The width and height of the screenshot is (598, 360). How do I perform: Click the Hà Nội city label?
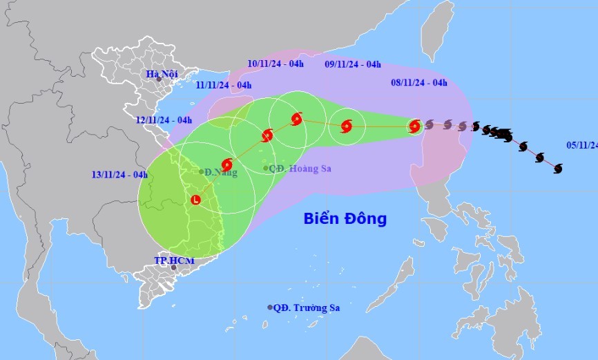[162, 73]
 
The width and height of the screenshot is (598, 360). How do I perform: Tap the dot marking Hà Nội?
[159, 79]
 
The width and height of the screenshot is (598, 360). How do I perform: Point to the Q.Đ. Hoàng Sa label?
[296, 168]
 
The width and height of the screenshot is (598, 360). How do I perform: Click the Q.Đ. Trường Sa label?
[307, 307]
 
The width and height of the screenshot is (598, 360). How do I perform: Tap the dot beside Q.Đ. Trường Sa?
[270, 307]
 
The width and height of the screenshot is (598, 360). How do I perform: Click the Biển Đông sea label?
[345, 219]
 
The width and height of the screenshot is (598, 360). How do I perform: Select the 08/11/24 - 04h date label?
[418, 83]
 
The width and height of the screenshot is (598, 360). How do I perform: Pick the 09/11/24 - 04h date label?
[352, 64]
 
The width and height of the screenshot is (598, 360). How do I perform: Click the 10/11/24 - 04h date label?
[276, 64]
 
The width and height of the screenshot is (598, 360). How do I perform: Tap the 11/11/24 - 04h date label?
[223, 85]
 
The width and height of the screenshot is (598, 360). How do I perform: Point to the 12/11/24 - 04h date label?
[164, 120]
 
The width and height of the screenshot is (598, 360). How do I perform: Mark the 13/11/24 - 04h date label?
[119, 174]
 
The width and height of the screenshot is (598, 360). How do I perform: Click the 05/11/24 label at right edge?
[581, 145]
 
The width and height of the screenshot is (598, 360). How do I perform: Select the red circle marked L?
[195, 200]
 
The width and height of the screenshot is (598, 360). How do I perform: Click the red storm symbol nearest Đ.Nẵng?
[227, 164]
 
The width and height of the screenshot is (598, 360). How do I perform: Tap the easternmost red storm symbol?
[414, 126]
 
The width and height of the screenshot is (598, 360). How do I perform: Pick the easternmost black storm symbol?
[558, 168]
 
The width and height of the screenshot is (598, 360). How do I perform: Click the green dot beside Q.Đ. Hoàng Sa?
[266, 168]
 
